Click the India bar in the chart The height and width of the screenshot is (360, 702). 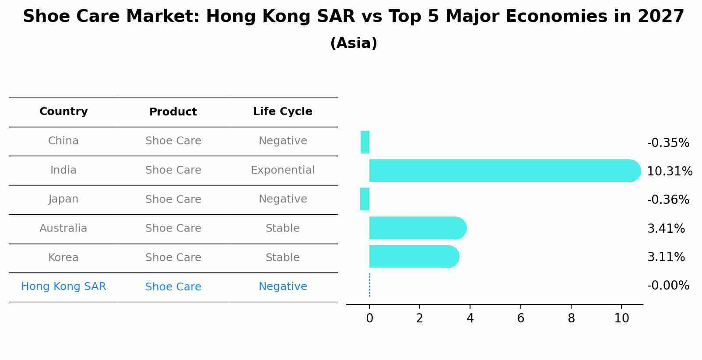[x=503, y=171]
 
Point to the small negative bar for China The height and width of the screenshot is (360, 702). [x=365, y=142]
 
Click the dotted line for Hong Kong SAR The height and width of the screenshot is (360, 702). [x=369, y=285]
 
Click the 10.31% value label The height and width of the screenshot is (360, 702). [x=669, y=171]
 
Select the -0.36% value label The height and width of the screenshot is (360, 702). [x=668, y=199]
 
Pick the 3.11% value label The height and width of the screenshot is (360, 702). [x=666, y=257]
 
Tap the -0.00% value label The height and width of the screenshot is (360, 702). [x=668, y=285]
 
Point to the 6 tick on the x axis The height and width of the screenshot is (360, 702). [x=520, y=318]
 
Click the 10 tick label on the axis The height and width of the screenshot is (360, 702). [x=621, y=318]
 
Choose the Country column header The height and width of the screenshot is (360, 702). [x=63, y=112]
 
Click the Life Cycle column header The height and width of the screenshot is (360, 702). [x=282, y=112]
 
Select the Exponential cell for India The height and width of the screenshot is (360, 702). [x=282, y=170]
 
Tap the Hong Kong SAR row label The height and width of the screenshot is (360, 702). [x=63, y=287]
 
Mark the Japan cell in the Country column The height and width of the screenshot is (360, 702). [x=63, y=199]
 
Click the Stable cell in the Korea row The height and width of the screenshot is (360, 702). [x=282, y=257]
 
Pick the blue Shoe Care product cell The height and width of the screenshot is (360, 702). [x=173, y=287]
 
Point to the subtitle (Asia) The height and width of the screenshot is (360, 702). [x=353, y=43]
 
